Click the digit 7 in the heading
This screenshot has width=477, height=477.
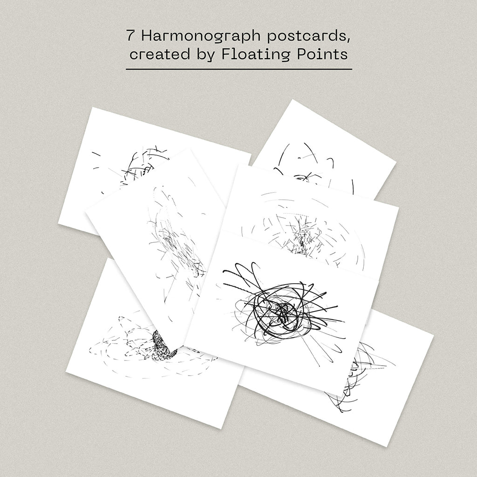pos(130,35)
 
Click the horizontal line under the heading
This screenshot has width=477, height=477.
pos(239,69)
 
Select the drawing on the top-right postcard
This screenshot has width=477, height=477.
pos(313,169)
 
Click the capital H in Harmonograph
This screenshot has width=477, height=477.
pos(147,35)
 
